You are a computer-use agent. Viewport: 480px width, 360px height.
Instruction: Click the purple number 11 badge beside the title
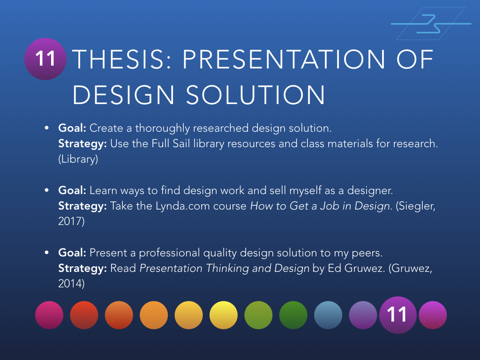coord(45,59)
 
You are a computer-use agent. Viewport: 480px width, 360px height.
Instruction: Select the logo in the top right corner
coord(430,23)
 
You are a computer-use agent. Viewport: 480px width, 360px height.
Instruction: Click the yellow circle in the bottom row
coord(224,315)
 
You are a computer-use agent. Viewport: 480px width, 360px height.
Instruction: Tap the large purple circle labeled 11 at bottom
coord(397,315)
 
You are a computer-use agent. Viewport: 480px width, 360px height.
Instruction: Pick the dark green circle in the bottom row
coord(293,315)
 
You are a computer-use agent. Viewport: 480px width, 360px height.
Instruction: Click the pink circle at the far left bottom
coord(49,315)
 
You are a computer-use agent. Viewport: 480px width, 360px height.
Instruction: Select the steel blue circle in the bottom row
coord(328,315)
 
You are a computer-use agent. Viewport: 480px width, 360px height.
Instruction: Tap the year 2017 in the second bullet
coord(71,221)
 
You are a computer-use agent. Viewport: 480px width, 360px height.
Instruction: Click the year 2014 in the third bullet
coord(71,284)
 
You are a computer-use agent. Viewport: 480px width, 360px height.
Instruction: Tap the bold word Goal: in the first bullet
coord(72,128)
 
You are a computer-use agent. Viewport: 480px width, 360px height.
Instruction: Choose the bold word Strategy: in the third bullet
coord(82,269)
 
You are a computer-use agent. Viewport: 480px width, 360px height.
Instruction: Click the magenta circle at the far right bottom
coord(433,315)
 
